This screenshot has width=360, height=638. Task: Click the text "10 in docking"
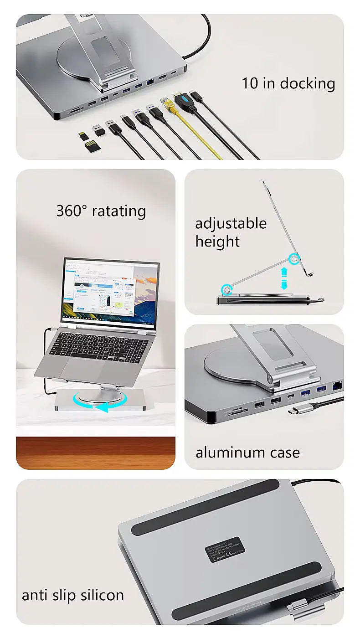288,83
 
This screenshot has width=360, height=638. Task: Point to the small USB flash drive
99,130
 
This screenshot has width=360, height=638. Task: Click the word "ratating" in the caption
119,211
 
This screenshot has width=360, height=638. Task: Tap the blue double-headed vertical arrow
284,278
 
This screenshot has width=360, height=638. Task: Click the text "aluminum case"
247,453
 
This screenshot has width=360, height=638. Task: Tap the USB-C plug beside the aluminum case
296,410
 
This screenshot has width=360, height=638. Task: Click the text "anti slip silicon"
73,595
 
